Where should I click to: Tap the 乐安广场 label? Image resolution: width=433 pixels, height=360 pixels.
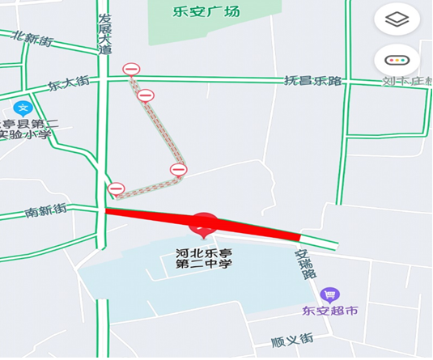(206, 11)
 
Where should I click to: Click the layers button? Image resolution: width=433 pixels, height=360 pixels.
(397, 19)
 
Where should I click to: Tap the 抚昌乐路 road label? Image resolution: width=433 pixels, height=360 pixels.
(313, 81)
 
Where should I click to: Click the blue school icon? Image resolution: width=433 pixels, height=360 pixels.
(23, 108)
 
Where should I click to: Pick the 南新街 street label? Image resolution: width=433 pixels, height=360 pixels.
(45, 212)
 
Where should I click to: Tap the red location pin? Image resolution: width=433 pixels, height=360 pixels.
(204, 223)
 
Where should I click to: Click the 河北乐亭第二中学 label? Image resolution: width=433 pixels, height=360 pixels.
(204, 257)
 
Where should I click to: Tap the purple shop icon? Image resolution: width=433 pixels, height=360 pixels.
(329, 294)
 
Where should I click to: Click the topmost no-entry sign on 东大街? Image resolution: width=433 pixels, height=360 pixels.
(131, 70)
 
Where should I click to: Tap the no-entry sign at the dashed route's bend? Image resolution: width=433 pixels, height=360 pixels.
(178, 169)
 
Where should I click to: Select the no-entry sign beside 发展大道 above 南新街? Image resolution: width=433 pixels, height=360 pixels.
(116, 189)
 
